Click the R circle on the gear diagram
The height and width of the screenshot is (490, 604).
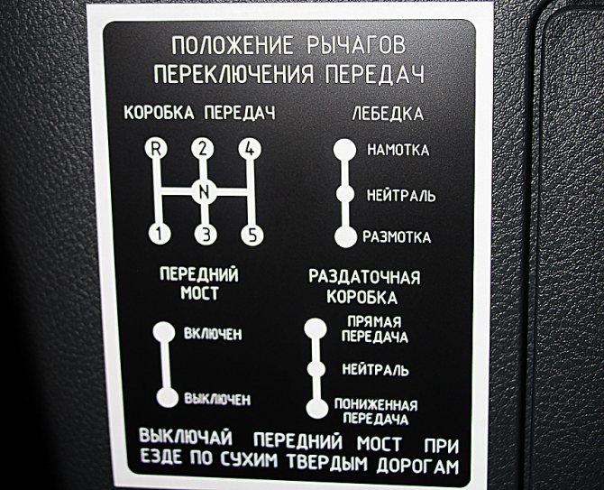point(156,148)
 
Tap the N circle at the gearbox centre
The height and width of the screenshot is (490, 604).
point(204,190)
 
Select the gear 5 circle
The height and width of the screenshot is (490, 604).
point(252,234)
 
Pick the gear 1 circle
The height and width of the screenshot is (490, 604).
point(160,233)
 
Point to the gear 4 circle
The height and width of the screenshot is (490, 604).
point(250,148)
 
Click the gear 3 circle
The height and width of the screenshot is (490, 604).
point(206,234)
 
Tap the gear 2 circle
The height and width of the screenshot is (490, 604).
point(203,148)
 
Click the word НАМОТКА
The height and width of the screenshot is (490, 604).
point(398,150)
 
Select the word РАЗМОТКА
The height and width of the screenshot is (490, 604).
point(397,237)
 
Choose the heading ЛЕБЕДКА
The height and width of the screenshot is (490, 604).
point(388,114)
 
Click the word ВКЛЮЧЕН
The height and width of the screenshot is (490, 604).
point(213,334)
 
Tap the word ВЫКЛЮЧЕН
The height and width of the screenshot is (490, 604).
point(217,399)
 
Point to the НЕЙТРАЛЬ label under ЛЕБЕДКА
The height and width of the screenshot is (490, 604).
point(401,196)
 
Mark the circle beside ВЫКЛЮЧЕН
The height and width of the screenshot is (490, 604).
point(168,397)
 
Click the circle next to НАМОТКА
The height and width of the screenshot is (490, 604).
point(344,149)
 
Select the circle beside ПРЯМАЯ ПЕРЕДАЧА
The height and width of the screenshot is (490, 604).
point(316,328)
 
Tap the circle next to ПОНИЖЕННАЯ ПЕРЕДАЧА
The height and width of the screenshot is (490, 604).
point(317,408)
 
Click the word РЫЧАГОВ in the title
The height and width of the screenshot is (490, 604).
point(356,45)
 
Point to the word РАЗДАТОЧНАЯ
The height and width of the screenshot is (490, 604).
point(364,277)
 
